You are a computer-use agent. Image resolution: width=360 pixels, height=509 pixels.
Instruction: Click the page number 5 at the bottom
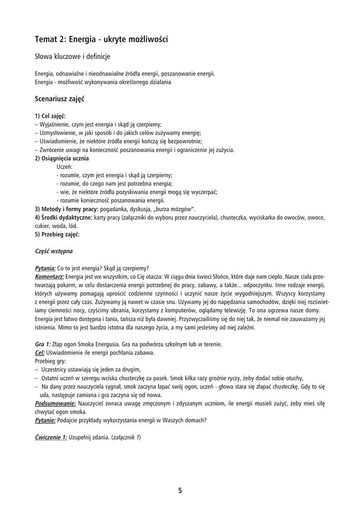point(180,491)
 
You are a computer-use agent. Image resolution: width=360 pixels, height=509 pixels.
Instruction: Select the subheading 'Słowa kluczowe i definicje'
point(72,57)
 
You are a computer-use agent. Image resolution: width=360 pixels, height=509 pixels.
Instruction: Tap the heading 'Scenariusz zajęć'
point(60,99)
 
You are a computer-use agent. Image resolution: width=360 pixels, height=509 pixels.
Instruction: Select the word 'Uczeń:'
point(65,167)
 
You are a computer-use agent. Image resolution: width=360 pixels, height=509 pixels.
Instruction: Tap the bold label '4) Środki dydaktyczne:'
point(63,217)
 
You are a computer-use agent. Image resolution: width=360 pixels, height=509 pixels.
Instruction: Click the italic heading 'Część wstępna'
point(54,251)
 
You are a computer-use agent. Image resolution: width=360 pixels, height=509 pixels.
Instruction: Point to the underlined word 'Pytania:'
point(45,268)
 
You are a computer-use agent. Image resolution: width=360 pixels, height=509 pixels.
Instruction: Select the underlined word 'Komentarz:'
point(49,276)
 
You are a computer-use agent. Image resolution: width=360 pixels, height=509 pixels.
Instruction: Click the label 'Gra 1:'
point(43,344)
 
